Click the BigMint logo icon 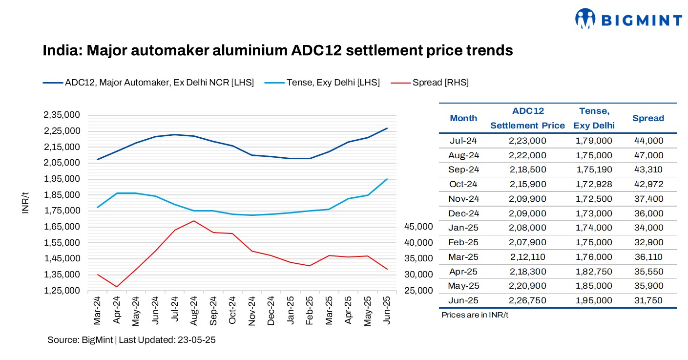point(585,19)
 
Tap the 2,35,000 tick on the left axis point(62,115)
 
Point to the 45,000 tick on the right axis point(418,227)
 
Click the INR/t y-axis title point(26,202)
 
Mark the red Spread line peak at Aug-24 point(193,221)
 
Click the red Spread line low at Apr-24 point(116,287)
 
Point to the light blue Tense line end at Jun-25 point(387,179)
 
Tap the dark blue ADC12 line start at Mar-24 point(97,159)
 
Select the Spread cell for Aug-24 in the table point(648,155)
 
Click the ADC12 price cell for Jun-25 point(527,300)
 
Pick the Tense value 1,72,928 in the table point(593,184)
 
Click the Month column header point(463,118)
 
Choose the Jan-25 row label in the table point(463,228)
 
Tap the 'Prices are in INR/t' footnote point(475,315)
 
